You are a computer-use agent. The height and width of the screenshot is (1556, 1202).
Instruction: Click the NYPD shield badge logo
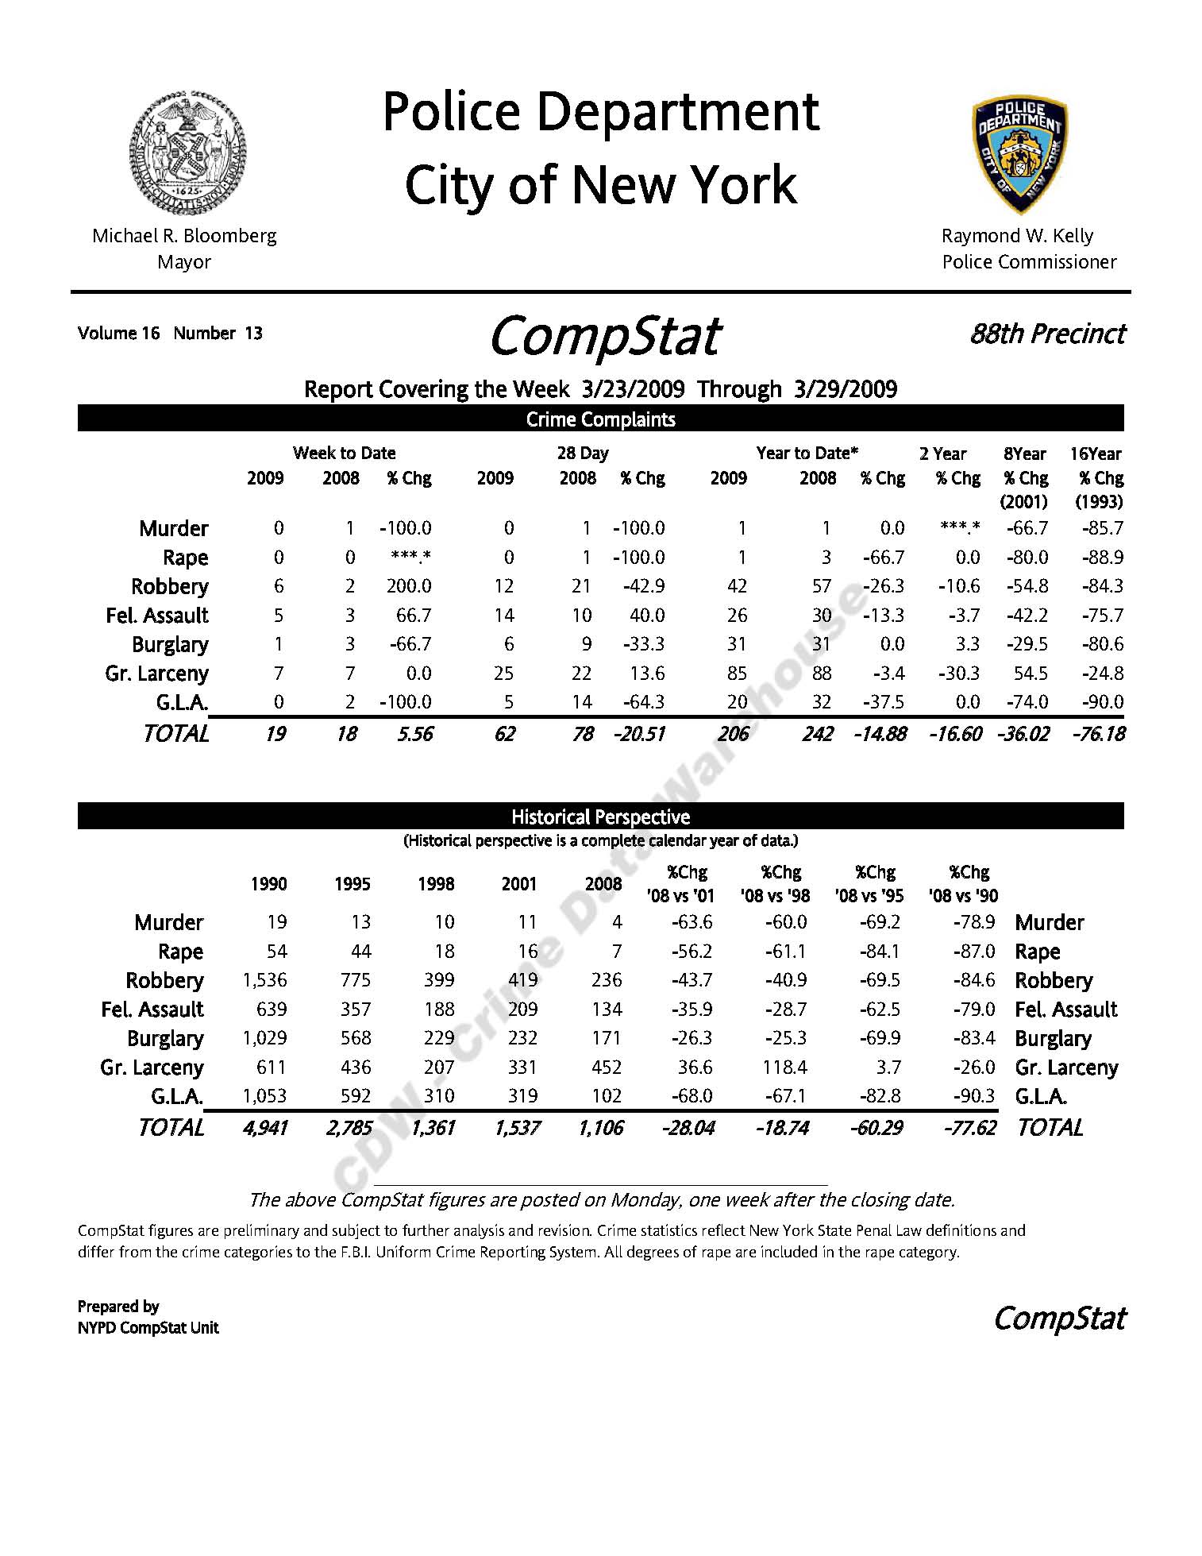pos(1019,155)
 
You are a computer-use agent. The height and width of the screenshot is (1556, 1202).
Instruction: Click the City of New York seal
pos(187,151)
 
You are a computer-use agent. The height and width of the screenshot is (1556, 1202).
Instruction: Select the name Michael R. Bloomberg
pos(184,236)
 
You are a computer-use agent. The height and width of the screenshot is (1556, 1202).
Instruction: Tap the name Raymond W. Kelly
pos(1017,236)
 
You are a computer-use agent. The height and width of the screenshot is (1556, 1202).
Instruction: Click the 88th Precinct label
pos(1047,334)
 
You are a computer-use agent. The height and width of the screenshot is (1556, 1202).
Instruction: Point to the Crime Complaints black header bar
pos(600,419)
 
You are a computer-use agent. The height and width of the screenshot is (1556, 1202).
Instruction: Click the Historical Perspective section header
pos(600,817)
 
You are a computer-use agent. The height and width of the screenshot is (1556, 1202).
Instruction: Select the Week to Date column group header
pos(344,453)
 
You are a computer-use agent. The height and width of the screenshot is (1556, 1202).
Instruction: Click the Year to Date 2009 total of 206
pos(733,734)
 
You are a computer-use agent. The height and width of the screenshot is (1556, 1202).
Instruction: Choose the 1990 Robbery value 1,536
pos(264,980)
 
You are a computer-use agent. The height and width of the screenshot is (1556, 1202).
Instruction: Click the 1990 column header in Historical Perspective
pos(268,884)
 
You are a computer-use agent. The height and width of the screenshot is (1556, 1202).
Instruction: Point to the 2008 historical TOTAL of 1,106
pos(601,1128)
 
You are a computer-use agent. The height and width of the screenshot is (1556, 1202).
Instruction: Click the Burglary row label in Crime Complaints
pos(170,644)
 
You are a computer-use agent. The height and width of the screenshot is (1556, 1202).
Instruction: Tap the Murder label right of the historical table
pos(1049,922)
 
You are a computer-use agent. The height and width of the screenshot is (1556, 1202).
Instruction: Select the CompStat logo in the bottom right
pos(1059,1319)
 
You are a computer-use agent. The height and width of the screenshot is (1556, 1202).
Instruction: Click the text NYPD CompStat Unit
pos(148,1327)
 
